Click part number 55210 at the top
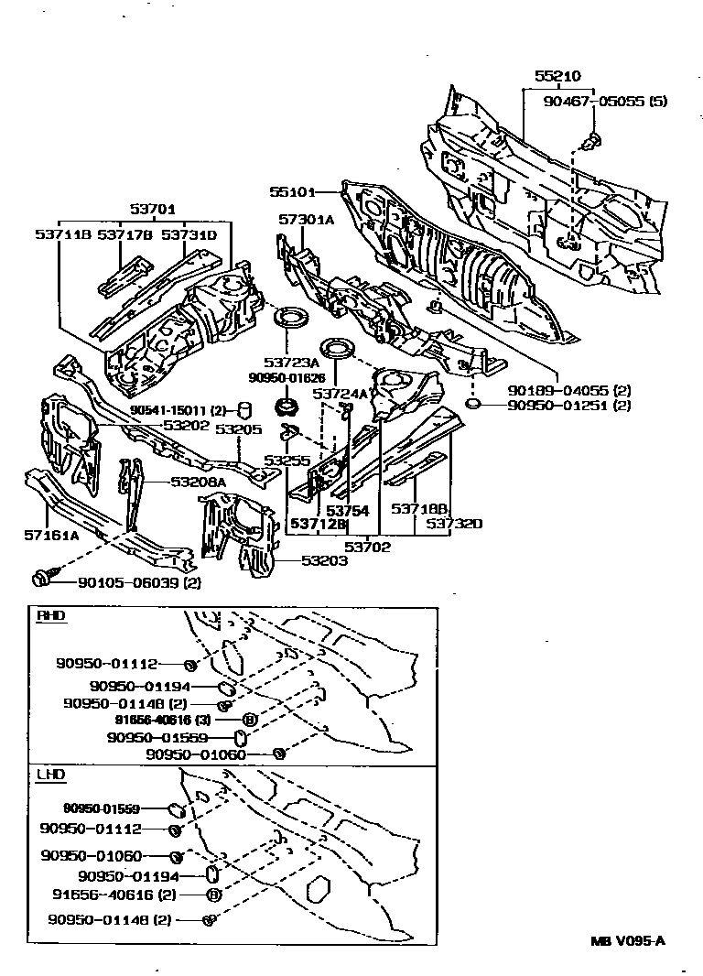557,77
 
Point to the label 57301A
307,221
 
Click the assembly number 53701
152,209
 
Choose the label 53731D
189,235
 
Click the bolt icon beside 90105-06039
41,578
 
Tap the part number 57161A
49,535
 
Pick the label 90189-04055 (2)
558,387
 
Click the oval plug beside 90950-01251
473,404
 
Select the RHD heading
50,615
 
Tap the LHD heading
50,775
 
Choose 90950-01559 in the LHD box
102,808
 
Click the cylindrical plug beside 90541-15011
244,408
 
